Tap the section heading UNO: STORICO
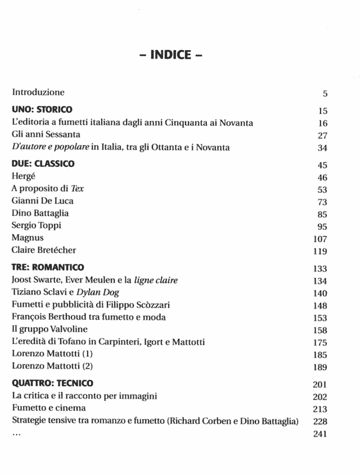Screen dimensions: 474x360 click(x=42, y=110)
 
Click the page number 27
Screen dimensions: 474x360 click(x=322, y=136)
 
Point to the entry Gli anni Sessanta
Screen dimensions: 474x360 click(x=46, y=135)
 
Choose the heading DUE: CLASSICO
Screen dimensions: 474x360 click(x=43, y=164)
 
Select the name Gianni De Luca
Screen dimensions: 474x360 click(x=42, y=201)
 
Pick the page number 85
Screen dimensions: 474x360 click(x=322, y=214)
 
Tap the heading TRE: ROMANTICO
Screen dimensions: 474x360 click(x=48, y=267)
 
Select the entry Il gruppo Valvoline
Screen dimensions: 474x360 click(x=49, y=329)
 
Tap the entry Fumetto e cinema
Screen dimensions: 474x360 click(x=49, y=408)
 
